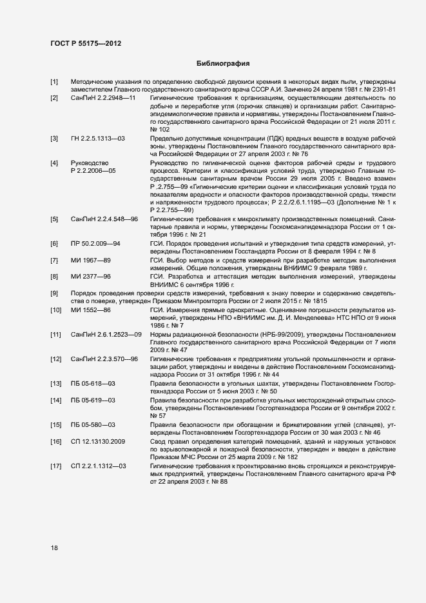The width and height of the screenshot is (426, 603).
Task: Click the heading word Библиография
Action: (x=222, y=64)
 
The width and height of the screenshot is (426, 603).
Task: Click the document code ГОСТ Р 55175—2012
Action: (x=86, y=43)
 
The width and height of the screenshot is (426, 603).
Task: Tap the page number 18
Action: (x=55, y=548)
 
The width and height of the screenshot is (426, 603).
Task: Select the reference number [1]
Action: (x=55, y=82)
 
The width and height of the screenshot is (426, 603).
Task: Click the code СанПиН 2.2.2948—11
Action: (x=103, y=97)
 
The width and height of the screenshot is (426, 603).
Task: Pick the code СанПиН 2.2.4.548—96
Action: (x=104, y=220)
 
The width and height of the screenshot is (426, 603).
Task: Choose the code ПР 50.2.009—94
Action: (x=96, y=243)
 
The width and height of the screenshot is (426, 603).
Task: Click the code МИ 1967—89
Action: (x=91, y=259)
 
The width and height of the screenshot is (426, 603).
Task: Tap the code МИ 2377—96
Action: (x=91, y=276)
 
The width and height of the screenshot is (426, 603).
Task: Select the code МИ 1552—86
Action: (x=91, y=310)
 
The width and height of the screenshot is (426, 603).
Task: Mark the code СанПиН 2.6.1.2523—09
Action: (x=106, y=334)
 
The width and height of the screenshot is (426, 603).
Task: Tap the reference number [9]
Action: (x=55, y=293)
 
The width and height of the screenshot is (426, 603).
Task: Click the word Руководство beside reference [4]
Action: (x=90, y=163)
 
